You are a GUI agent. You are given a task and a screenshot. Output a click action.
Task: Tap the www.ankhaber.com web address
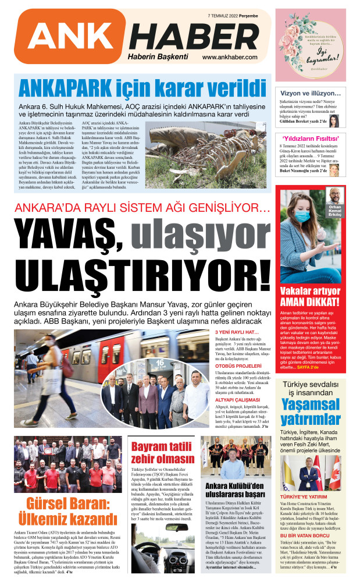[x=230, y=57]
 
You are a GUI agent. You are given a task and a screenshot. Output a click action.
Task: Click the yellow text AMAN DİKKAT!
[x=309, y=301]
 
